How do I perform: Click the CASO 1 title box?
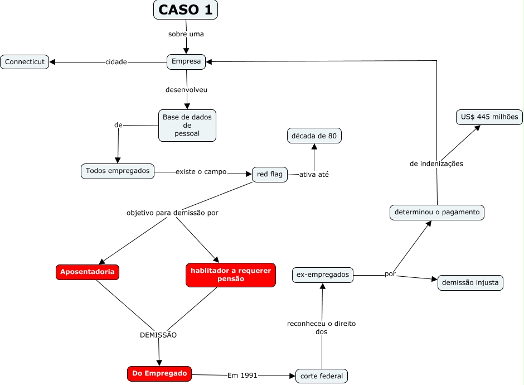click(x=186, y=9)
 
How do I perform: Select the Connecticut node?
click(x=25, y=62)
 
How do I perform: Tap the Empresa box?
click(x=186, y=62)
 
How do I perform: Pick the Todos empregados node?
click(x=118, y=171)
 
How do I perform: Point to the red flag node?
click(x=270, y=174)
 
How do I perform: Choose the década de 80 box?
click(x=314, y=136)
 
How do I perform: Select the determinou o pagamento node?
click(x=436, y=213)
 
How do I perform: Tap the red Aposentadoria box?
click(x=88, y=272)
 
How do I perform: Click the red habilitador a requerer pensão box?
click(x=230, y=275)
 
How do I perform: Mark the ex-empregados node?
click(x=323, y=275)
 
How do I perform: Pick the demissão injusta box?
click(x=470, y=282)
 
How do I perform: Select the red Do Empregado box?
click(x=159, y=374)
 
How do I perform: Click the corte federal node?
click(x=322, y=376)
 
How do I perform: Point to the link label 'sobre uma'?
click(x=186, y=34)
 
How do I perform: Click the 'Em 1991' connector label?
click(x=242, y=376)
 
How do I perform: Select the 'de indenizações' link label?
click(x=436, y=164)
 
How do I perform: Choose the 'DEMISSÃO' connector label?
click(x=158, y=335)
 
